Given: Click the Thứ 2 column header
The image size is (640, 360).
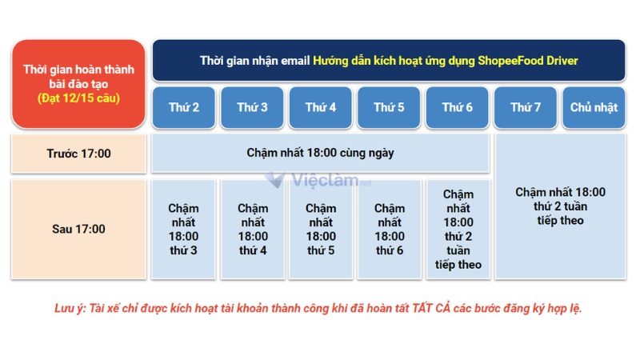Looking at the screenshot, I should pos(184,107).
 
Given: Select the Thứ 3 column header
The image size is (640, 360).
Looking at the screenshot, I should pos(253,107).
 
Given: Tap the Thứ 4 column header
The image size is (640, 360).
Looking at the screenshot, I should pos(321,107).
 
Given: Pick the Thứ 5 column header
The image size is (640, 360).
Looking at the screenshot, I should pos(389,107).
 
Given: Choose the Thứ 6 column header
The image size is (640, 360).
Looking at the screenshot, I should pos(458,107).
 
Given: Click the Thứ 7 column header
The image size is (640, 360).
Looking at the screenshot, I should pos(526,107).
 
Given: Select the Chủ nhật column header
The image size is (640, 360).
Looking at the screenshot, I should pos(594,107).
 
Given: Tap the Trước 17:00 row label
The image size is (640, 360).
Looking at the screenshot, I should pos(78,153).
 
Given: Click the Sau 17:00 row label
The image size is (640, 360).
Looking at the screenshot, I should pos(78,229).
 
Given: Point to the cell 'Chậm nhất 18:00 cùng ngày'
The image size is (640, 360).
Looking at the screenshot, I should pos(320,153).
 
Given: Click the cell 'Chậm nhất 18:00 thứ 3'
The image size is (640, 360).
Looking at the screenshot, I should pos(183,229).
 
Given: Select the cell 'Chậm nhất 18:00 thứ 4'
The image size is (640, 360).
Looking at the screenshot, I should pos(253,229).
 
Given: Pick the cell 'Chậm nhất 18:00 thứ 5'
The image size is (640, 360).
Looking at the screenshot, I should pos(321,229).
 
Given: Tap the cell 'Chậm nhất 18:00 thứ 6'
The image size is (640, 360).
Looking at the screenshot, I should pos(389,229).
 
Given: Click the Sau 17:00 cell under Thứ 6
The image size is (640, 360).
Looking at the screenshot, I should pos(458,229).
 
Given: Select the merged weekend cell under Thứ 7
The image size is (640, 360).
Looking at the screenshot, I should pos(560,206).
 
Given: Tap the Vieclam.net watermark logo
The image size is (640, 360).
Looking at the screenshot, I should pos(320,182).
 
